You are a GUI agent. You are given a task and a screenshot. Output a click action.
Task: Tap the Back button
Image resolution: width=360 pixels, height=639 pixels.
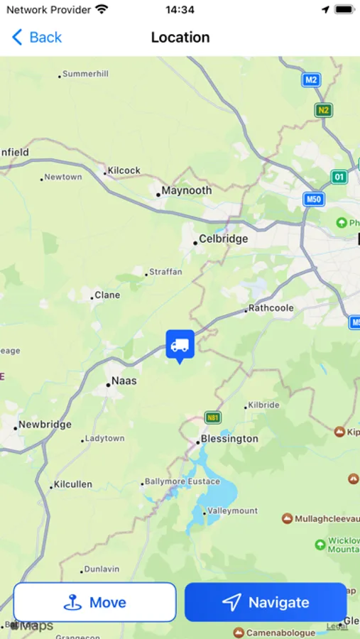(37, 38)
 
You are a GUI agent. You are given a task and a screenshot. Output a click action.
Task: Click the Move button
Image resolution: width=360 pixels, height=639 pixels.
(94, 602)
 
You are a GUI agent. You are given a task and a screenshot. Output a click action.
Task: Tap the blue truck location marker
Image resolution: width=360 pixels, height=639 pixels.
(180, 344)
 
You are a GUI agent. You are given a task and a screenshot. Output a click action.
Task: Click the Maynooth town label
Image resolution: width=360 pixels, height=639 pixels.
(186, 191)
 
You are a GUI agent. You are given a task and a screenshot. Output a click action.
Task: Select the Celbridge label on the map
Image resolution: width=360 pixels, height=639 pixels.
(223, 239)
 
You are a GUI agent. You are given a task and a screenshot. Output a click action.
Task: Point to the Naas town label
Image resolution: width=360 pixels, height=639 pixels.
(124, 381)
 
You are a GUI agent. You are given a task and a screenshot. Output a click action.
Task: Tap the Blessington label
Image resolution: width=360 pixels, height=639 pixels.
(229, 439)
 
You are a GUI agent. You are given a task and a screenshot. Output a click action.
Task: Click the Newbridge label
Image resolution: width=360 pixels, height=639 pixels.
(45, 425)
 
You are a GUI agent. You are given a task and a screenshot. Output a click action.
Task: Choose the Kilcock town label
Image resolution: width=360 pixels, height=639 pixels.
(124, 171)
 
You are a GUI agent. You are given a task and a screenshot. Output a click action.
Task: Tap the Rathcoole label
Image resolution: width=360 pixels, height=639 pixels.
(270, 309)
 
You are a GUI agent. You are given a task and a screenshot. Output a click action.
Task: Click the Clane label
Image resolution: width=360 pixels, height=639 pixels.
(107, 295)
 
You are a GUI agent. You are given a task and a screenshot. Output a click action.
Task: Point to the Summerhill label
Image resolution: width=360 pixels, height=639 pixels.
(85, 74)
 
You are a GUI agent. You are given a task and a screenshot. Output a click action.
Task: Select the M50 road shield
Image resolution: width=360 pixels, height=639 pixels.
(314, 200)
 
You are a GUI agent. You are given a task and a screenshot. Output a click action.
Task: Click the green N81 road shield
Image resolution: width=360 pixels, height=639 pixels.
(212, 417)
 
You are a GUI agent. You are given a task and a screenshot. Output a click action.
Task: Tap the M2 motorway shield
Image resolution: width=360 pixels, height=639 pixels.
(311, 80)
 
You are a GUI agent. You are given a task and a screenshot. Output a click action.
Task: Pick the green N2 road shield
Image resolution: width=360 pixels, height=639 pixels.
(324, 110)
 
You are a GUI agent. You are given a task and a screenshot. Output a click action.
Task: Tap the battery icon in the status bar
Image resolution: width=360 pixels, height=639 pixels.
(344, 10)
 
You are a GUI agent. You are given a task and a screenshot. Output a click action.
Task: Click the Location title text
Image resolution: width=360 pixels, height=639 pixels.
(180, 38)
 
